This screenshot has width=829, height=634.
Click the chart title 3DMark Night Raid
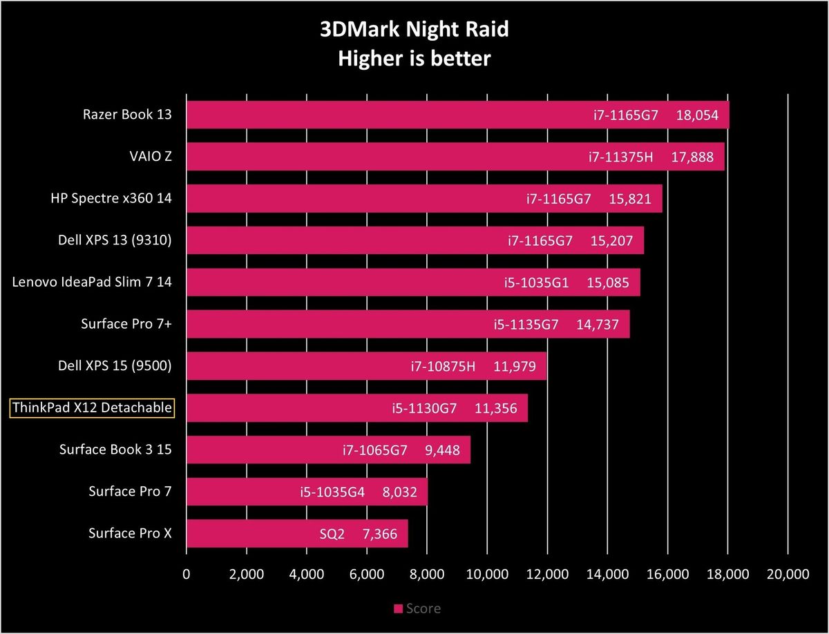[414, 30]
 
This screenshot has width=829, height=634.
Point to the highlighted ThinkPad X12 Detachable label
[92, 408]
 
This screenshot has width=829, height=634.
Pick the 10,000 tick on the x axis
[487, 575]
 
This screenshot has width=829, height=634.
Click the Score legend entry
[417, 608]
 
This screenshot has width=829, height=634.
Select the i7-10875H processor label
[443, 366]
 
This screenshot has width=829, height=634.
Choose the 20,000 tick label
[788, 575]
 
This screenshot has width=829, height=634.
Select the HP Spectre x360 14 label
[111, 199]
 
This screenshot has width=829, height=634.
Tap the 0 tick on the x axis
[186, 575]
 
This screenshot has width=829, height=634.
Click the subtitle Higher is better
[414, 58]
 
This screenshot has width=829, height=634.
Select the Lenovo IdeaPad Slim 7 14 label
[92, 282]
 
